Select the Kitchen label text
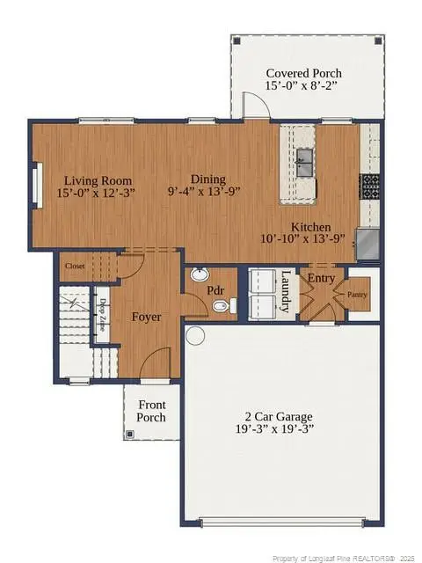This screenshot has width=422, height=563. point(311,226)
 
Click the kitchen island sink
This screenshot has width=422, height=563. point(304,158)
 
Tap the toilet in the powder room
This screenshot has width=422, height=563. point(222,306)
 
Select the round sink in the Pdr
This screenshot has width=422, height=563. point(199,274)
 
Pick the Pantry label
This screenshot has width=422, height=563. point(357,295)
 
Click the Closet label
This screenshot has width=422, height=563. point(75,265)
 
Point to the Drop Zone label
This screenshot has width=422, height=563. point(103,314)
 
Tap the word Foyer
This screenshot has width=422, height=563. point(146,317)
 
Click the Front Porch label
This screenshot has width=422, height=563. point(151,411)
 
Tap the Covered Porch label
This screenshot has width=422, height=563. point(304,73)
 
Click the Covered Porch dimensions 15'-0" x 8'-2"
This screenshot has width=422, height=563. point(304,87)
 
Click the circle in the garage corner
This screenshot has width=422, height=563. point(194,335)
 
